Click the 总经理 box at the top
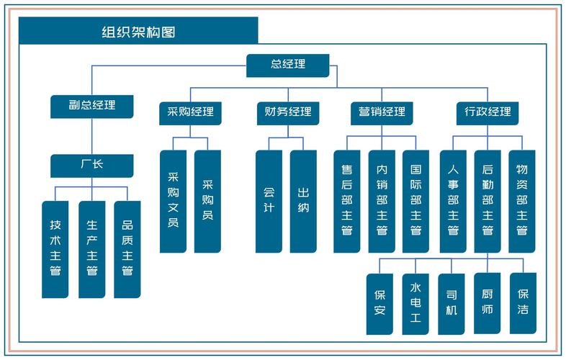pyautogui.click(x=288, y=65)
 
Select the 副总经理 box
pyautogui.click(x=92, y=106)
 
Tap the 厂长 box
pyautogui.click(x=92, y=165)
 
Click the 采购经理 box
pyautogui.click(x=191, y=112)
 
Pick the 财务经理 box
pyautogui.click(x=288, y=112)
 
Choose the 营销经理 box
pyautogui.click(x=382, y=112)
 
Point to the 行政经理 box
pyautogui.click(x=488, y=112)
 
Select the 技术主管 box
pyautogui.click(x=55, y=248)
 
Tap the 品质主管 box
pyautogui.click(x=127, y=248)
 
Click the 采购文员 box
pyautogui.click(x=173, y=201)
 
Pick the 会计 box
pyautogui.click(x=269, y=201)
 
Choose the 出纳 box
pyautogui.click(x=303, y=201)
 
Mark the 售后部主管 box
pyautogui.click(x=346, y=201)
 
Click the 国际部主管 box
pyautogui.click(x=415, y=201)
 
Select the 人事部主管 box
pyautogui.click(x=453, y=201)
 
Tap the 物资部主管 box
pyautogui.click(x=522, y=201)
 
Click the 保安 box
pyautogui.click(x=379, y=303)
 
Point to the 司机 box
pyautogui.click(x=452, y=303)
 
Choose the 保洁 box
pyautogui.click(x=523, y=303)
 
